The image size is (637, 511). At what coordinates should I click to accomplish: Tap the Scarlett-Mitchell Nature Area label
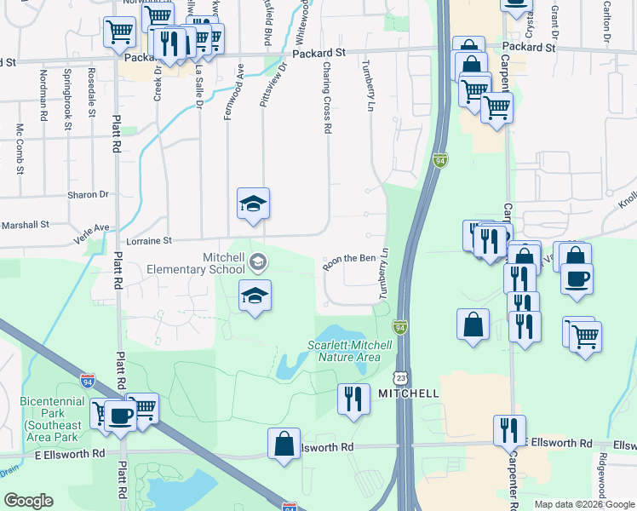coord(349,351)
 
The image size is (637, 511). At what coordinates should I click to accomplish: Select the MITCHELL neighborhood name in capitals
coord(410,393)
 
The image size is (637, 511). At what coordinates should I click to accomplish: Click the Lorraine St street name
coord(149,241)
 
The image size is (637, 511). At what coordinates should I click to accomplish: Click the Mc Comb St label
coord(20,150)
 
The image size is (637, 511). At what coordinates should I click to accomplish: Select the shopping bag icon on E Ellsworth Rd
coord(284,443)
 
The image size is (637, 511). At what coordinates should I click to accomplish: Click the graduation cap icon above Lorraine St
coord(253,203)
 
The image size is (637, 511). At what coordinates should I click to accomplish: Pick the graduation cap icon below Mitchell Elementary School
coord(254,295)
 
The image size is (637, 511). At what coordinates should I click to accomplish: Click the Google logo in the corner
coord(28,501)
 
